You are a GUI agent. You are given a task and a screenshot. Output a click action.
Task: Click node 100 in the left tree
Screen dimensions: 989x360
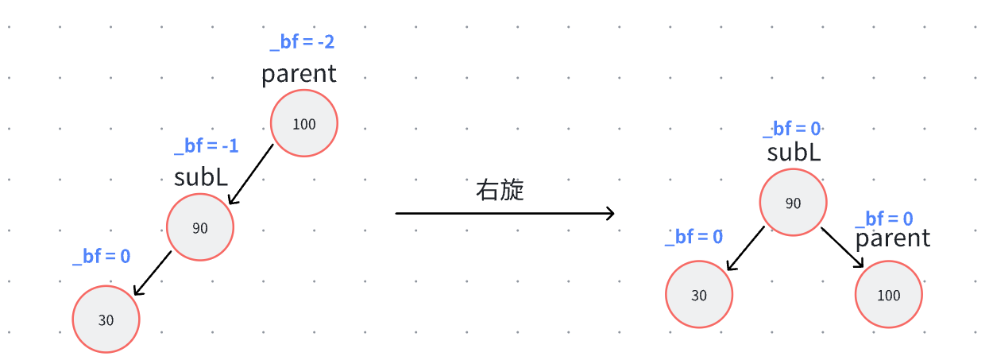[x=304, y=124]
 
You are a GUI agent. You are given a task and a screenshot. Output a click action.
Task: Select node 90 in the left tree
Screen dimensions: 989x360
[x=200, y=228]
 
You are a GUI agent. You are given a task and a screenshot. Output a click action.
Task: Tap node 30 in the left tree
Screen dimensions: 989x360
[x=106, y=319]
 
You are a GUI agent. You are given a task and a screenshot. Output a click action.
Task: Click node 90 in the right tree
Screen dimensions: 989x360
[x=793, y=203]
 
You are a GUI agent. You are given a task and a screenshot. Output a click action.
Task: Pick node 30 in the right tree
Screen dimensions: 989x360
[x=698, y=295]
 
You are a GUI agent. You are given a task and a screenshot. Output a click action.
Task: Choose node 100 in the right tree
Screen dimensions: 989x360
[x=888, y=295]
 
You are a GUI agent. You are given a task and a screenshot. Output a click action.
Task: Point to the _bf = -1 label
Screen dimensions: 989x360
[x=207, y=146]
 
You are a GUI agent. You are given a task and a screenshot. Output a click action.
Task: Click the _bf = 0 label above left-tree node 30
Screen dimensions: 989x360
[x=102, y=257]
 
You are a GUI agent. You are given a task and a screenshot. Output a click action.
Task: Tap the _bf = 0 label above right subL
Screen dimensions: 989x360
[x=792, y=129]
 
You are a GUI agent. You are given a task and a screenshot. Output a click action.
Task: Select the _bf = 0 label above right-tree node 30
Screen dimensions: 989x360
[x=694, y=236]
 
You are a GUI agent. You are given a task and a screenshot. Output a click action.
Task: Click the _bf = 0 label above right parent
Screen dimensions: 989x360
[x=883, y=219]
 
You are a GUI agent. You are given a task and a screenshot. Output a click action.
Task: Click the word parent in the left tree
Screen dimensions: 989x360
[x=299, y=75]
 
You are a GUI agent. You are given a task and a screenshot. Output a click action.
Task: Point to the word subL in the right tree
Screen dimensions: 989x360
[x=794, y=153]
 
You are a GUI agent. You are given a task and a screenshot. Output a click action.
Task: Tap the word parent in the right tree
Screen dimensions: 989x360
[x=893, y=238]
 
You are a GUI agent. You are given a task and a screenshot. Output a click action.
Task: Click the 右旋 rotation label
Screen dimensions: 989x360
[x=500, y=191]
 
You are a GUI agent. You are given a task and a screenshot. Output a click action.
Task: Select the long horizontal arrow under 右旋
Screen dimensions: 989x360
[x=505, y=213]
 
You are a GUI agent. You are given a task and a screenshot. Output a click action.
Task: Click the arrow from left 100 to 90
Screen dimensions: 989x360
[x=250, y=175]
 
